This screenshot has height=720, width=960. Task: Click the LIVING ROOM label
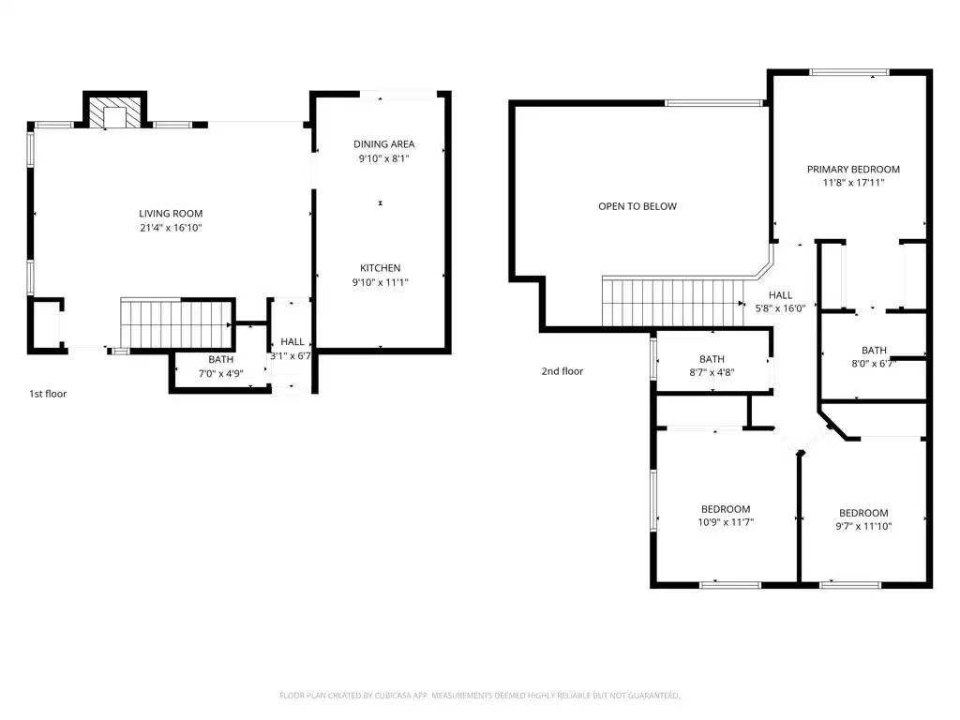[x=171, y=214]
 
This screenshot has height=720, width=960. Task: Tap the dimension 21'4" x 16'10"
[x=171, y=228]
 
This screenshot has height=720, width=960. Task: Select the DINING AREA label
[x=383, y=143]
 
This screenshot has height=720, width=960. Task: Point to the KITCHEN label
[x=381, y=268]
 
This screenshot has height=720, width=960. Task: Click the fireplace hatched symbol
[x=114, y=112]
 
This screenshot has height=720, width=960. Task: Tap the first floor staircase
[x=175, y=324]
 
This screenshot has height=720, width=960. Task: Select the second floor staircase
[x=673, y=301]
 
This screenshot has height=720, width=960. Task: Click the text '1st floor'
[x=48, y=394]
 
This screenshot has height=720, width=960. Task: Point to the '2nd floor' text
[x=562, y=371]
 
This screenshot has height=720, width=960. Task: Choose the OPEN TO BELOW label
[x=637, y=206]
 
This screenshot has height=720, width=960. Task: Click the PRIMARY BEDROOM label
[x=853, y=169]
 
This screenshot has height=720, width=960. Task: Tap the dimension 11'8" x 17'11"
[x=853, y=183]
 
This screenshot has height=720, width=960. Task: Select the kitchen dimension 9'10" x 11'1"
[x=381, y=282]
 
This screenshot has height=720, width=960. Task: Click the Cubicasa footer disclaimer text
[x=480, y=696]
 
